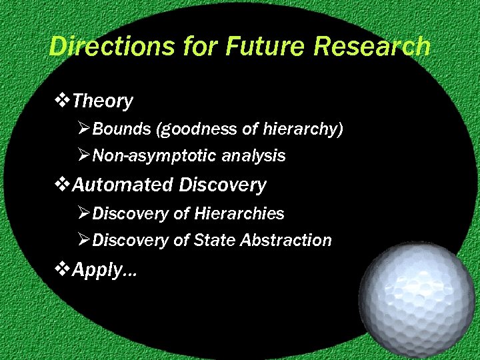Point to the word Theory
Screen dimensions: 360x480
103,101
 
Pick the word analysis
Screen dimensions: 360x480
253,156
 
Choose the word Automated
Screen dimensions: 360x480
123,185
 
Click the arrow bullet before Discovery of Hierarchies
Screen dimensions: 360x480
84,213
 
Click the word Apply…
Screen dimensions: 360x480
104,269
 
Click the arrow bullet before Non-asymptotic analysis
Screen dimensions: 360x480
84,156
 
